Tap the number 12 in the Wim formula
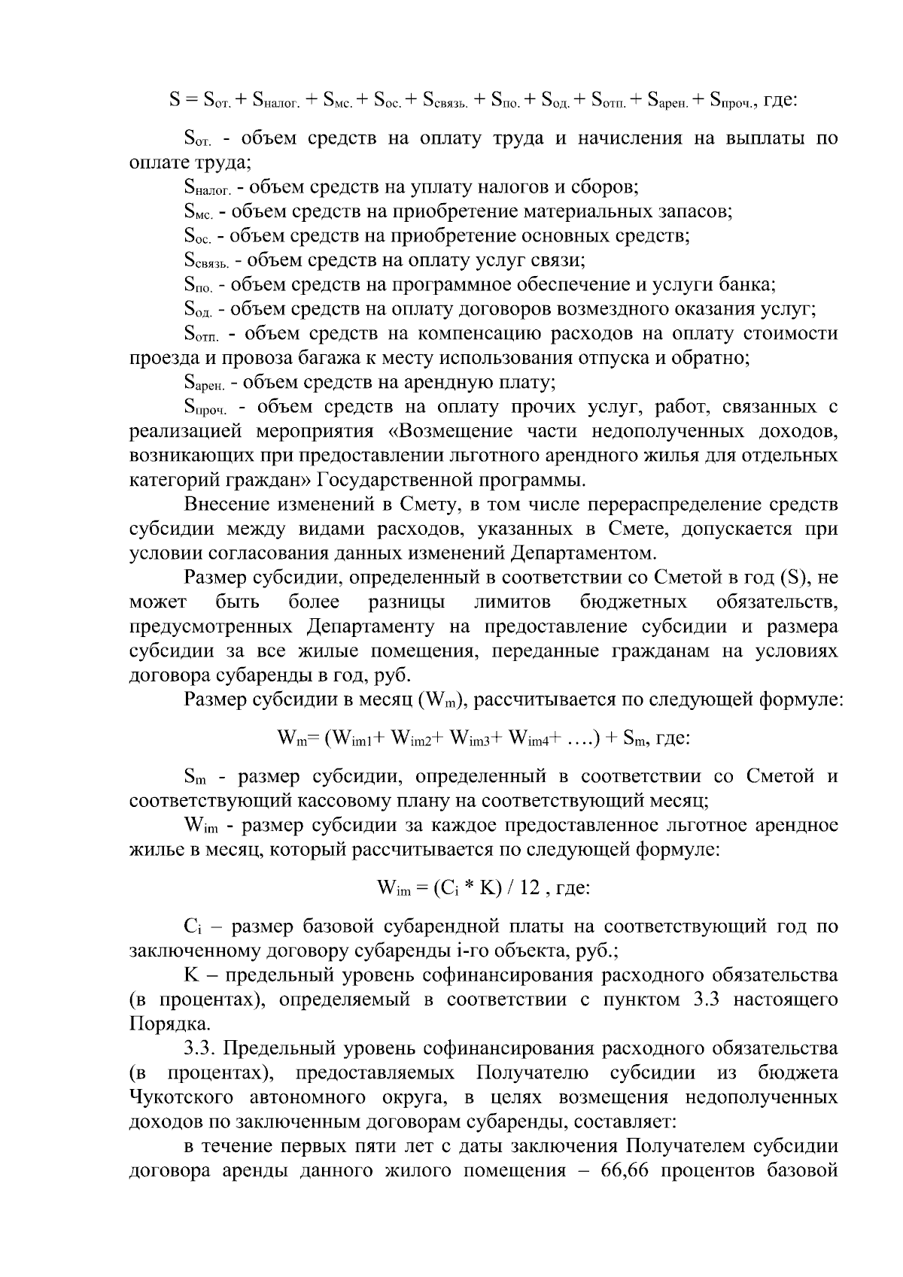tap(529, 887)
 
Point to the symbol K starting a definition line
tap(190, 975)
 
